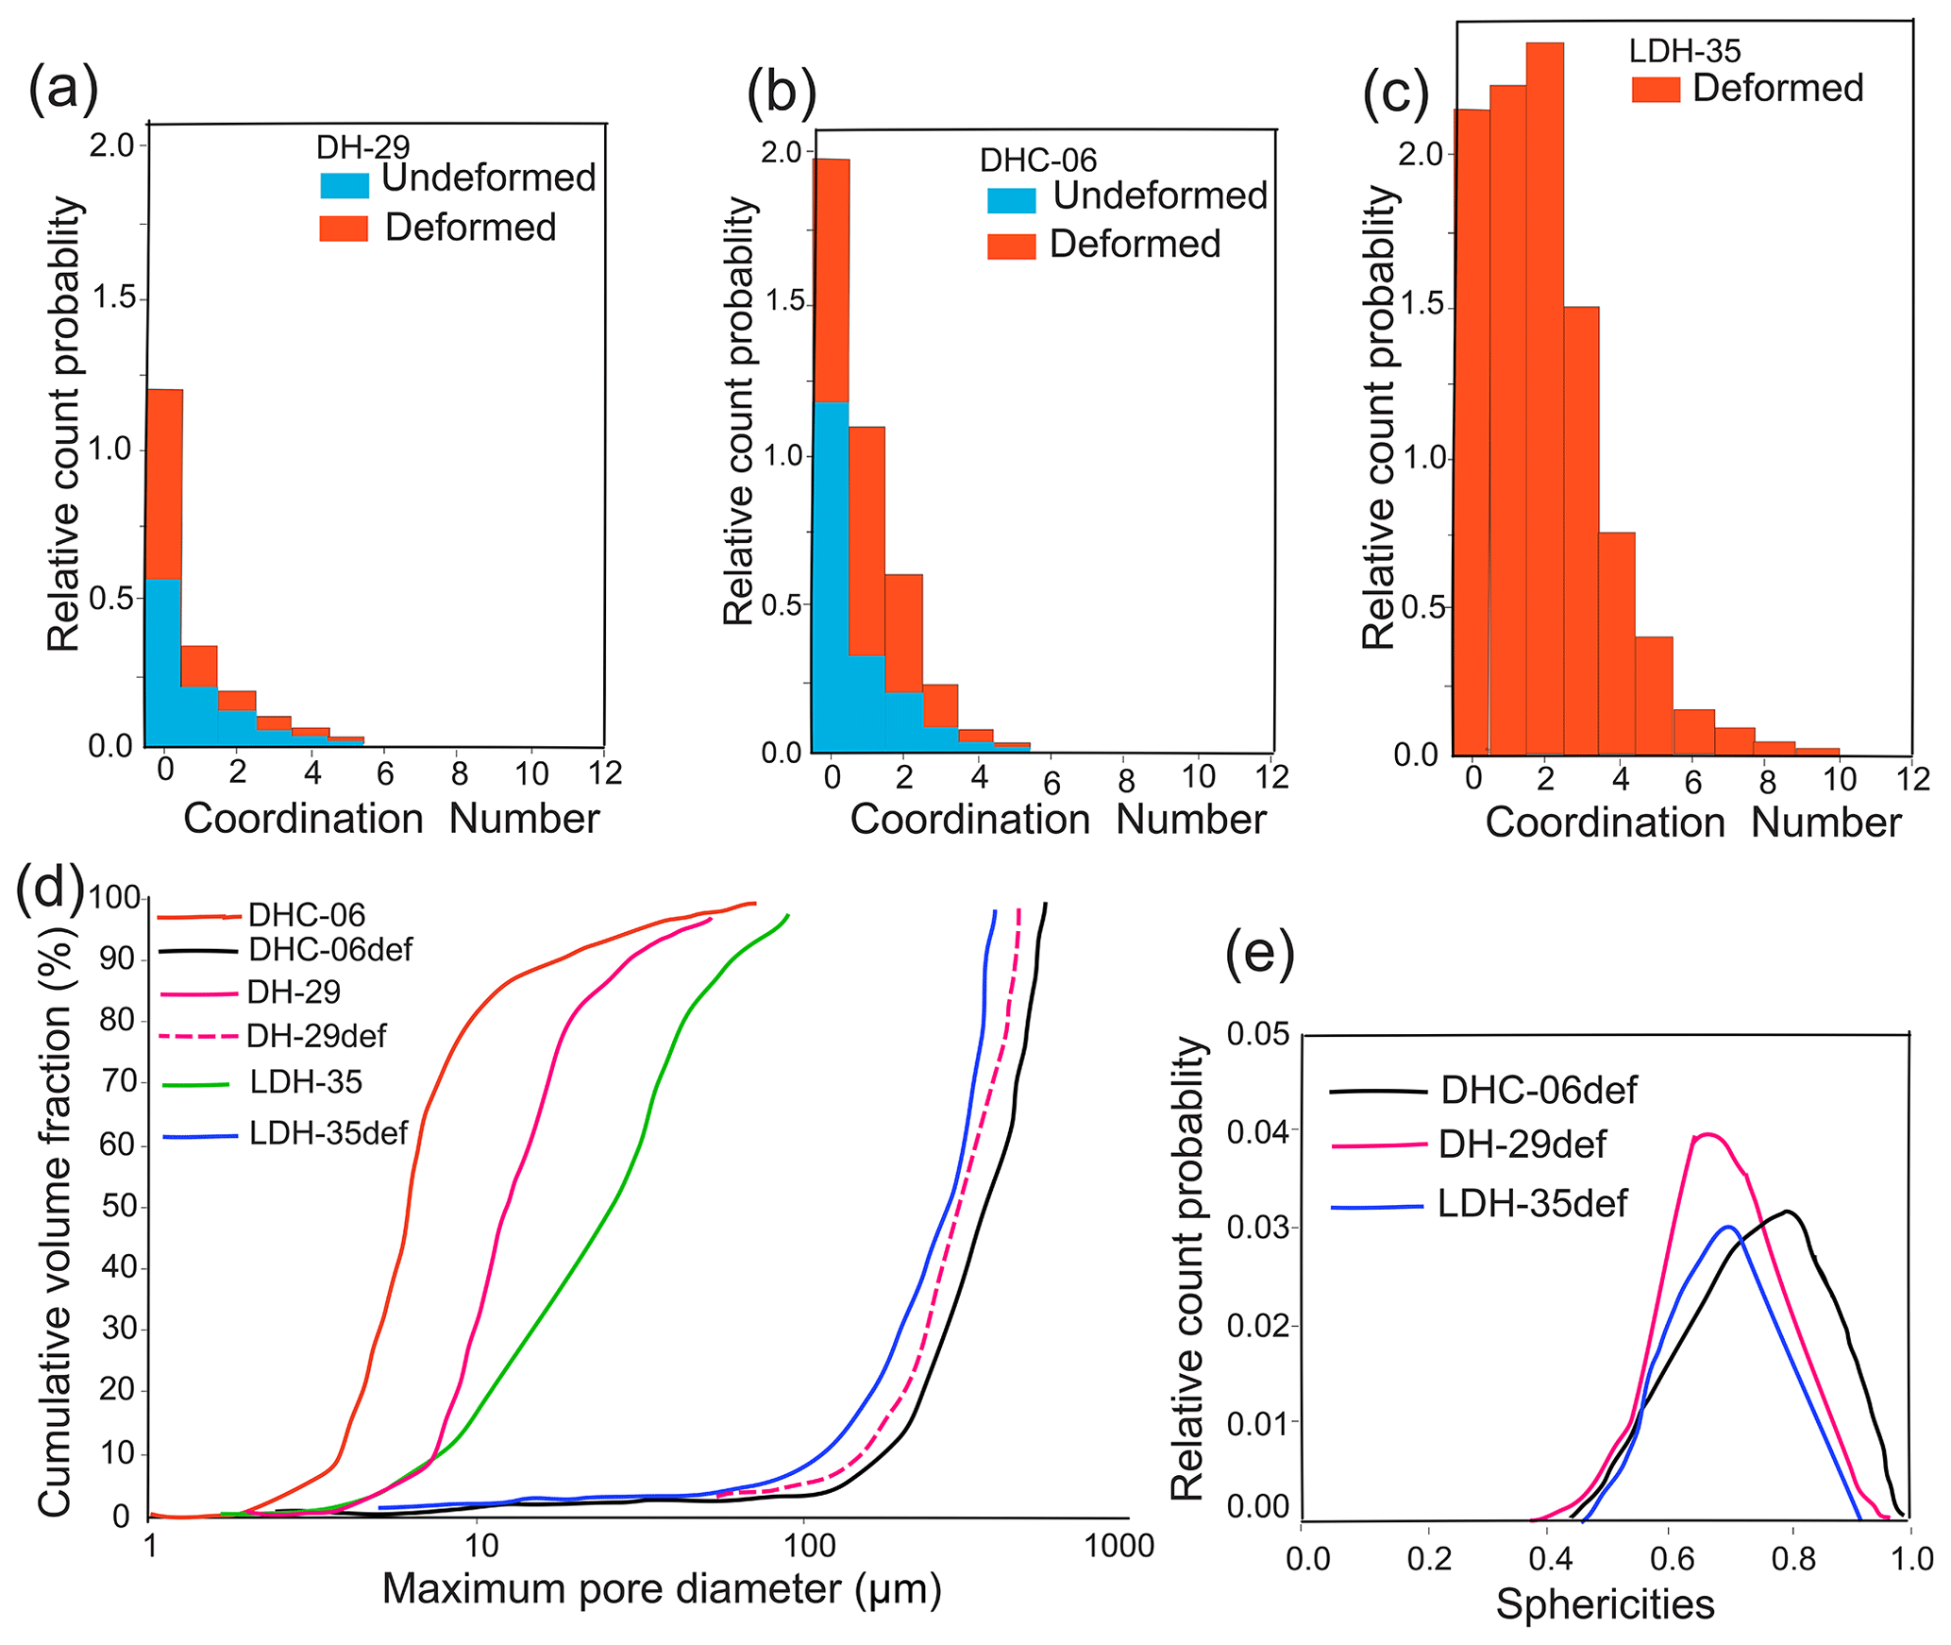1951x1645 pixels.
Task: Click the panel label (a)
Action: pos(63,90)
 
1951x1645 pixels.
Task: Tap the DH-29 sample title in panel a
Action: pos(362,147)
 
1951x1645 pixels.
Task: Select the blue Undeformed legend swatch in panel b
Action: pos(1011,200)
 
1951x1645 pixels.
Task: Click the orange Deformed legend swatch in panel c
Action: pos(1656,90)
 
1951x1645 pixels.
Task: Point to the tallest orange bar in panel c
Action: pos(1544,397)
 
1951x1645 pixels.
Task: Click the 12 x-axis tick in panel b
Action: pos(1272,777)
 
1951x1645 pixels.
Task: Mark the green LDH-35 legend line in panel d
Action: pos(196,1085)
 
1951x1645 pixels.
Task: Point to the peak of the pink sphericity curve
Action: pos(1707,1134)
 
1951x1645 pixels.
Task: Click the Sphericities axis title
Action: pos(1605,1604)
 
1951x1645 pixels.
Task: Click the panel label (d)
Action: pos(50,888)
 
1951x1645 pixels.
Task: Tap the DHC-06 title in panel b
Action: pos(1037,161)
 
